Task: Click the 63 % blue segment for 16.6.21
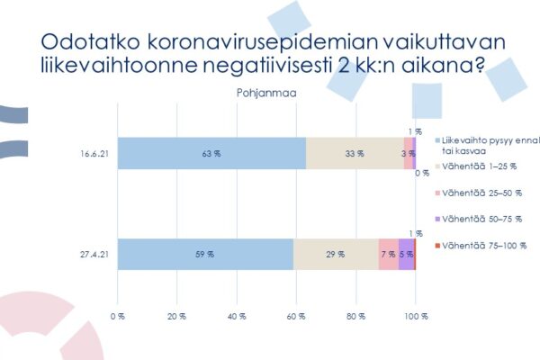tap(211, 154)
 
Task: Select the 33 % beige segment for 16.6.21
tap(355, 154)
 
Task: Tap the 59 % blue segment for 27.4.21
tap(205, 255)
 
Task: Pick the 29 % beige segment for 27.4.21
tap(336, 255)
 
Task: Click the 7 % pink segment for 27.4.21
tap(388, 255)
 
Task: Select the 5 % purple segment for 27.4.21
tap(406, 255)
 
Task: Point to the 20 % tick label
tap(176, 316)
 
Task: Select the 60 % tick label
tap(296, 316)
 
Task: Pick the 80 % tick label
tap(355, 316)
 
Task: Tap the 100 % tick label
tap(415, 316)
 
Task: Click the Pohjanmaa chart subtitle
tap(265, 92)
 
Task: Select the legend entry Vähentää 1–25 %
tap(476, 166)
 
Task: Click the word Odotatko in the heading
tap(85, 42)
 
